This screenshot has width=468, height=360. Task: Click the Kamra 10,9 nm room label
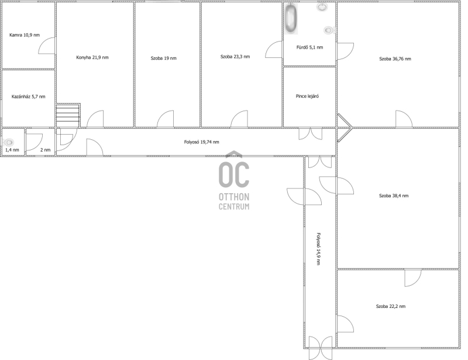point(25,35)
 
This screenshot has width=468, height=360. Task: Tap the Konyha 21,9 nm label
point(92,57)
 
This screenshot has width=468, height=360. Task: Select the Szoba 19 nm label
point(164,59)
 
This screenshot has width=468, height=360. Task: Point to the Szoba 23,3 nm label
point(235,56)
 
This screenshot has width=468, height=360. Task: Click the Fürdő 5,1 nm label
point(309,47)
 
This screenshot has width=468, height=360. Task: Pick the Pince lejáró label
point(307,96)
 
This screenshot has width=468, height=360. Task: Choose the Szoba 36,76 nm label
point(395,59)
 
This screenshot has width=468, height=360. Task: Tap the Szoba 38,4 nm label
point(394,196)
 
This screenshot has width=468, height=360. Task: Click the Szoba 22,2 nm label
point(391,306)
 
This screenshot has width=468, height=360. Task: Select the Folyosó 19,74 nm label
point(201,142)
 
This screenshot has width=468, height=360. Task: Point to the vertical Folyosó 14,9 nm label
point(318,249)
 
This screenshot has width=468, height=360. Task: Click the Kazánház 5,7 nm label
point(28,97)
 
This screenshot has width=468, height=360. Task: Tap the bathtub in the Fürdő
point(291,19)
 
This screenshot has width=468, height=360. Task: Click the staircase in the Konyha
point(68,115)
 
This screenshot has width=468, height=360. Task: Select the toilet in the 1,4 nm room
point(9,142)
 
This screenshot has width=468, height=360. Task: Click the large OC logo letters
point(234,175)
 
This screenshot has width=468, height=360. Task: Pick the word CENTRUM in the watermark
point(234,207)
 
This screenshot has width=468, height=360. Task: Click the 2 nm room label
point(46,150)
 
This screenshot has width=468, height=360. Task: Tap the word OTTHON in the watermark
point(234,197)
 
